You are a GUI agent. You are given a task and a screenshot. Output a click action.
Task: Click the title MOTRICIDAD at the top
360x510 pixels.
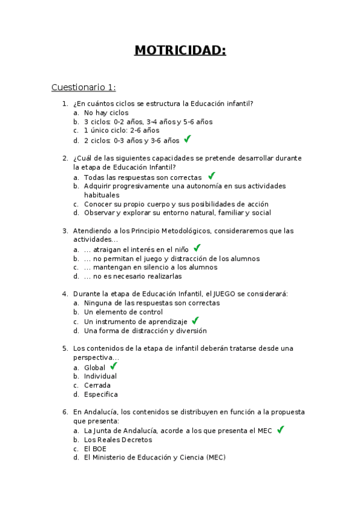click(x=180, y=50)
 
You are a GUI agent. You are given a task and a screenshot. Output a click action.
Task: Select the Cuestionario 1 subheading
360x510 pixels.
click(x=84, y=87)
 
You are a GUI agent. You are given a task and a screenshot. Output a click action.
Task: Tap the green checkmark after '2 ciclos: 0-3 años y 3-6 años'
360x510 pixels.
click(x=188, y=139)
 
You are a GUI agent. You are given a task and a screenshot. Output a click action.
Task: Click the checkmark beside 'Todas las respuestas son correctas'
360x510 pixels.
click(x=211, y=176)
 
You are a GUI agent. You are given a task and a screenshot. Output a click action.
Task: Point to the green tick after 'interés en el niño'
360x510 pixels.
click(x=197, y=248)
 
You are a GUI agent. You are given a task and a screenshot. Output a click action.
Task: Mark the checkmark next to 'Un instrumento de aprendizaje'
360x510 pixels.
click(x=195, y=321)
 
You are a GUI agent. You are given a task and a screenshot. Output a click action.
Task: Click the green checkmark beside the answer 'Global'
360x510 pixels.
click(x=114, y=366)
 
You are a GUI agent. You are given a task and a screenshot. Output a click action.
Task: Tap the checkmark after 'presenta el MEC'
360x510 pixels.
click(x=281, y=429)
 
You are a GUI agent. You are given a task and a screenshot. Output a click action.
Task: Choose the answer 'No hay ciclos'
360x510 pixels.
click(x=106, y=112)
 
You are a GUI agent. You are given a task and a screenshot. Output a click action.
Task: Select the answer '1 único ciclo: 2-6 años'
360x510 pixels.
click(x=121, y=131)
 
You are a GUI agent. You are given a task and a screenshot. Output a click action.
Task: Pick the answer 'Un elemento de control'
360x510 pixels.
click(x=123, y=312)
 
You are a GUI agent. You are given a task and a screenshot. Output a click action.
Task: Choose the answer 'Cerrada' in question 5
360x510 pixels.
click(x=97, y=386)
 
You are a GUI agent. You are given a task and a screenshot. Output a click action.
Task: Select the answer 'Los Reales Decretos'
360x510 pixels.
click(x=118, y=439)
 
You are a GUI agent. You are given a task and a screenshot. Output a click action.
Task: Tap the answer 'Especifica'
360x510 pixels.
click(x=100, y=395)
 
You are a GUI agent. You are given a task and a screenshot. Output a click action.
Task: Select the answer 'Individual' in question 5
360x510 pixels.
click(x=100, y=376)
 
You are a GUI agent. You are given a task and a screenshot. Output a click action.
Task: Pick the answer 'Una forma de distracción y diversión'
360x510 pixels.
click(x=145, y=331)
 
